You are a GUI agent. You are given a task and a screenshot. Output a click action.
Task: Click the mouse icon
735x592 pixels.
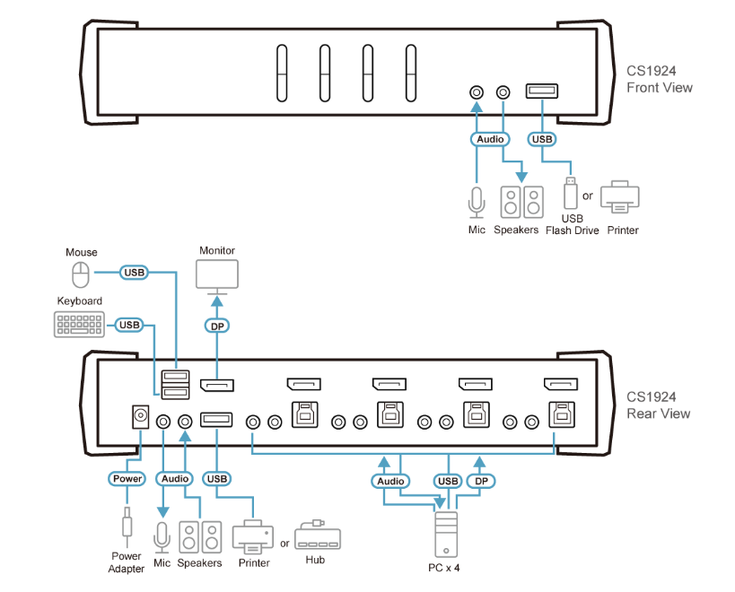click(x=81, y=274)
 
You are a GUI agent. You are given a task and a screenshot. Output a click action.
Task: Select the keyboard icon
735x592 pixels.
click(x=79, y=325)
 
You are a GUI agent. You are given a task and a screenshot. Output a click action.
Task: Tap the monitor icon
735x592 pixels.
click(x=217, y=277)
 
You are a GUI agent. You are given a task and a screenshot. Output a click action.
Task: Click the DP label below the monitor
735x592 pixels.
click(x=217, y=326)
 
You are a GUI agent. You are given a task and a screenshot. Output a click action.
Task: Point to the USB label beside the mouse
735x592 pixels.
click(x=134, y=272)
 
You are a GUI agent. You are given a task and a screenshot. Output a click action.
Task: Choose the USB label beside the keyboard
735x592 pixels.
click(x=129, y=325)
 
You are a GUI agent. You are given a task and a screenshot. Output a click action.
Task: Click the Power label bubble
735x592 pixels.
click(x=127, y=479)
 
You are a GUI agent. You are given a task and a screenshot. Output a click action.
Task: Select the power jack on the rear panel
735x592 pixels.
click(x=141, y=416)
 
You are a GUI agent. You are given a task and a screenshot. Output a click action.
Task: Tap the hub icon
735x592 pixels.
click(x=318, y=535)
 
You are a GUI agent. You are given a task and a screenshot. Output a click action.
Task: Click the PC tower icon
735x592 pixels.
click(x=446, y=535)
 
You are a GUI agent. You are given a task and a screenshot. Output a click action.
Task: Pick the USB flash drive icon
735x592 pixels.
click(x=571, y=193)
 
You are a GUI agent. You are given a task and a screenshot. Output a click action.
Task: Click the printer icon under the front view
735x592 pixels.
click(x=620, y=196)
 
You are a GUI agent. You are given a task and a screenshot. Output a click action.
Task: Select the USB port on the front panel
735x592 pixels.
click(x=542, y=91)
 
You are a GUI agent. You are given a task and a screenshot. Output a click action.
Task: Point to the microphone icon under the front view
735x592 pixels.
click(x=477, y=203)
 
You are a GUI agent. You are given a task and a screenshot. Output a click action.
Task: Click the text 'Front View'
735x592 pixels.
click(x=659, y=88)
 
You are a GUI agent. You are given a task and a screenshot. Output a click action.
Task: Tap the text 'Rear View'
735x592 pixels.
click(x=658, y=414)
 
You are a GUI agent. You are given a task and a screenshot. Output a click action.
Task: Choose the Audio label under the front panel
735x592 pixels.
click(x=490, y=139)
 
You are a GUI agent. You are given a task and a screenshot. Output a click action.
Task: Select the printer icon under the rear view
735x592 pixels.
click(x=253, y=536)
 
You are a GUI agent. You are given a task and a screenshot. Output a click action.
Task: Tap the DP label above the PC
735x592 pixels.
click(x=481, y=481)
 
